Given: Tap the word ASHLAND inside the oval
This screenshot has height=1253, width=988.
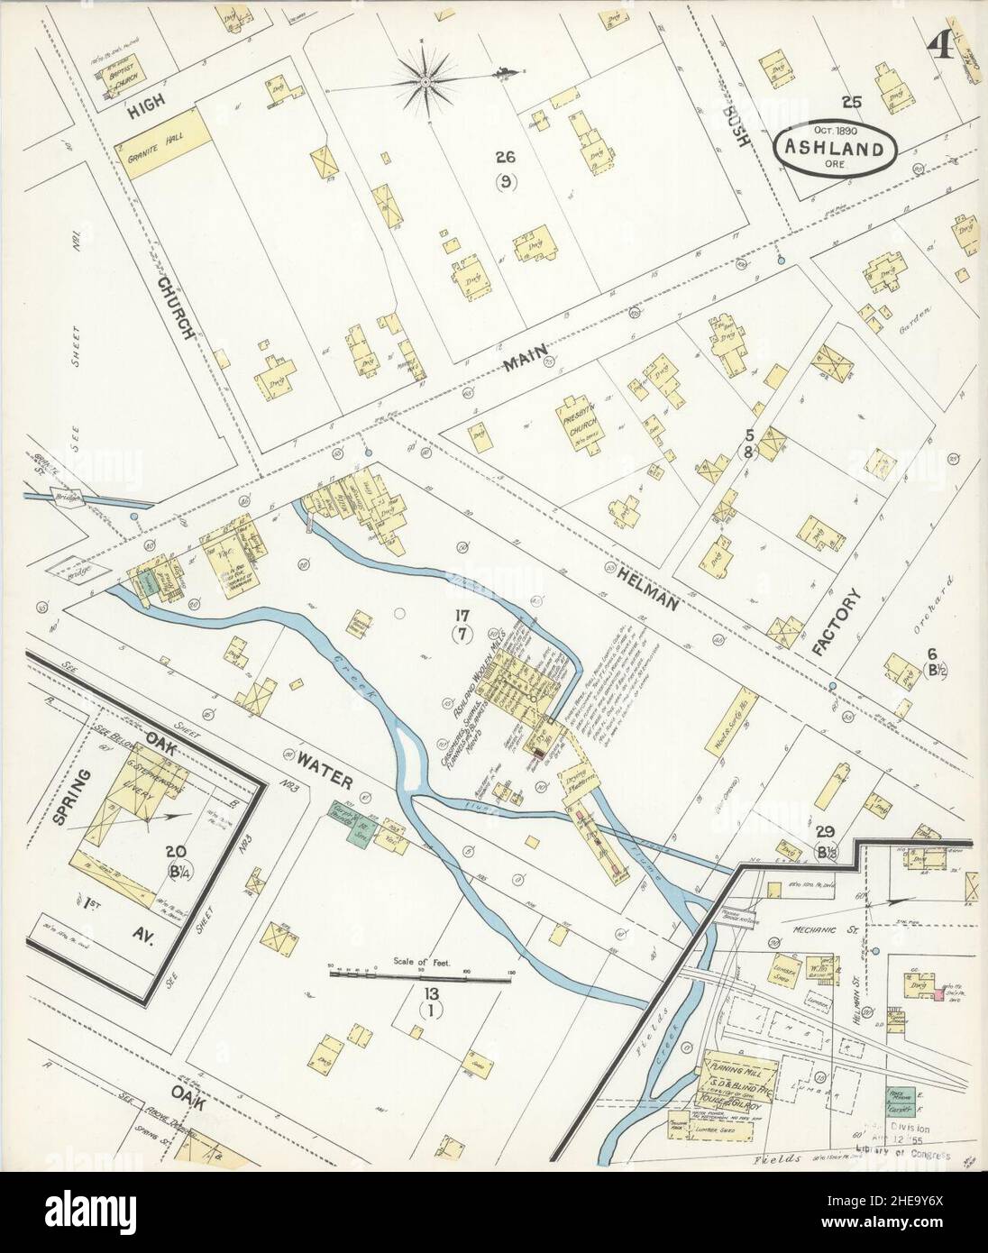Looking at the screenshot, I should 832,148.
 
